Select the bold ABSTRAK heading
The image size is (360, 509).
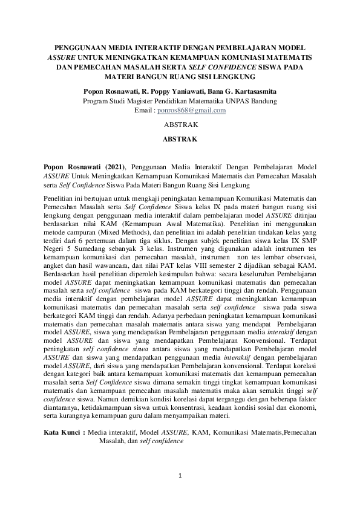pos(180,139)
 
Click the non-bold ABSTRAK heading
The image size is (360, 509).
pos(180,126)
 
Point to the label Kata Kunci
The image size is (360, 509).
pos(64,433)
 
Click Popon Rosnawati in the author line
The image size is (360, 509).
pos(111,91)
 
